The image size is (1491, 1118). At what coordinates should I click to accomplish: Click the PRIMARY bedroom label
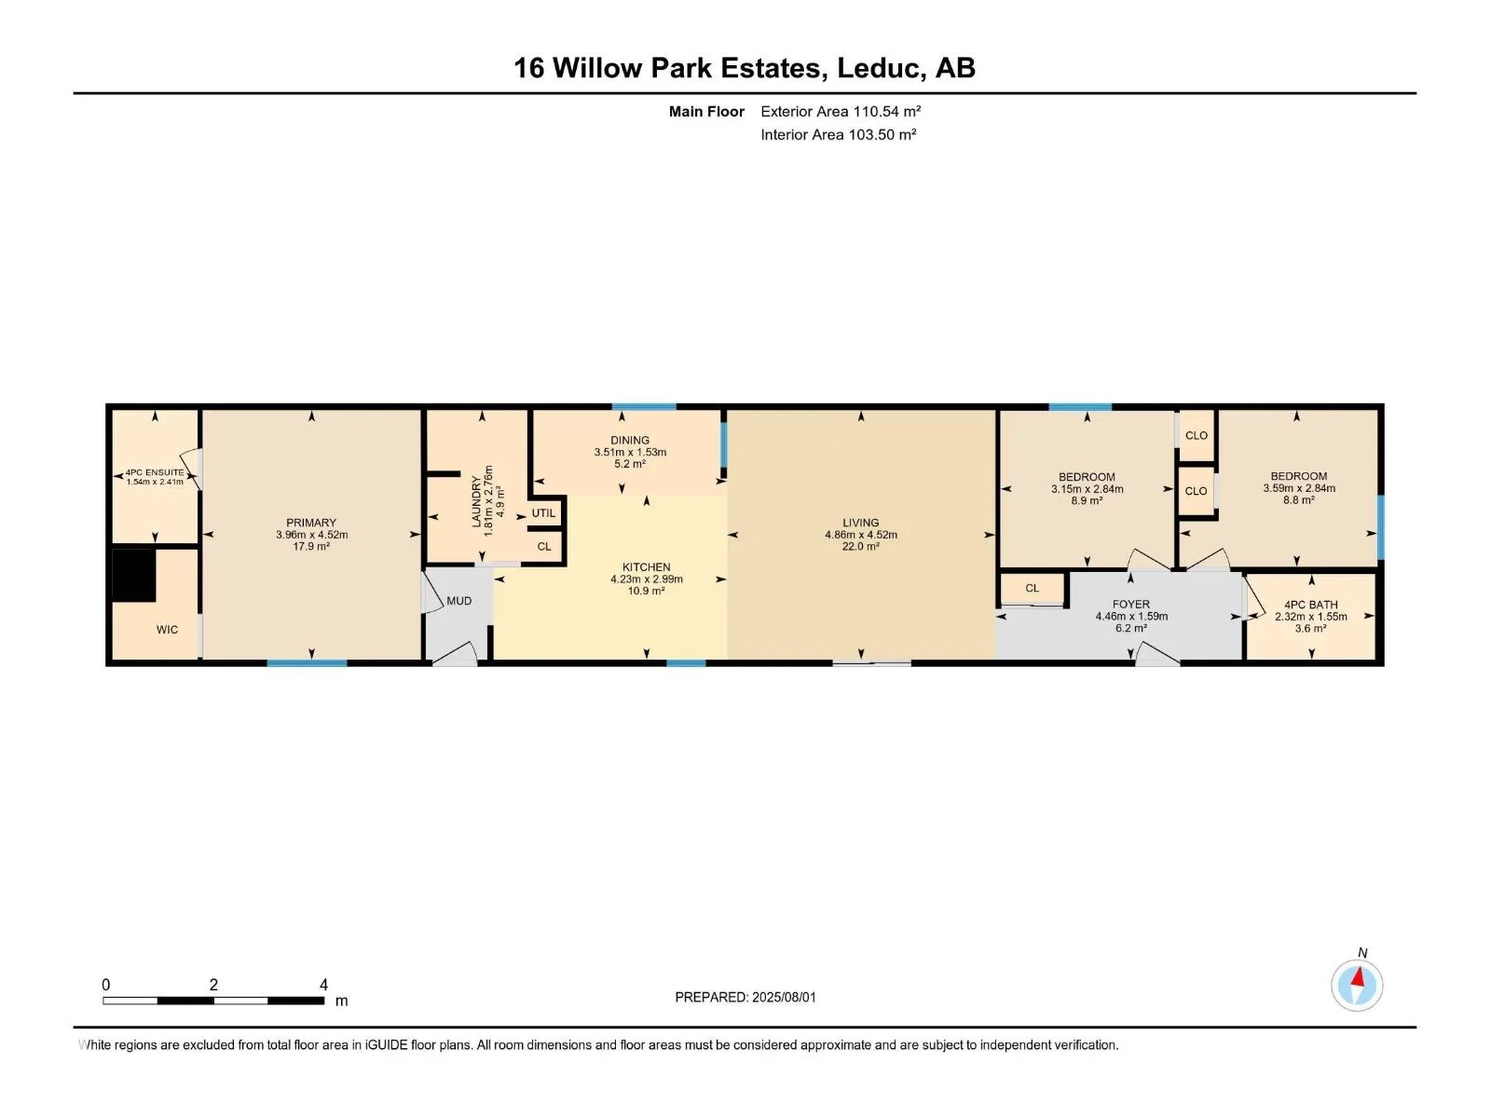[311, 523]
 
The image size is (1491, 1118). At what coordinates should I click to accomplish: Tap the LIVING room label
[861, 523]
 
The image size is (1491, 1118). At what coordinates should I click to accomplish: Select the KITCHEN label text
[646, 566]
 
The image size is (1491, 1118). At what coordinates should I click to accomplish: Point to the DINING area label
[630, 440]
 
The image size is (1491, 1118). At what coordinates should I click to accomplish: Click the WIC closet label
[167, 629]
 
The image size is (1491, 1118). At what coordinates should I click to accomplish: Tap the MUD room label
[459, 601]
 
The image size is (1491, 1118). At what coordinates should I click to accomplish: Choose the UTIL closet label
[543, 513]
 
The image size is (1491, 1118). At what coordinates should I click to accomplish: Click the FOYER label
[1131, 604]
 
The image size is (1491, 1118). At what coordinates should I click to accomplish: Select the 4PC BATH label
[1310, 605]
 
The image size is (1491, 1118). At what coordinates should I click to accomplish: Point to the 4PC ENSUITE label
[155, 472]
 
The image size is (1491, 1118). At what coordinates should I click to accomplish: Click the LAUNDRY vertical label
[476, 501]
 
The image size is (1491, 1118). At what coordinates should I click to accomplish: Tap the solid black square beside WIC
[134, 575]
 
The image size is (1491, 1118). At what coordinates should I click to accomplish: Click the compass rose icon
[1357, 985]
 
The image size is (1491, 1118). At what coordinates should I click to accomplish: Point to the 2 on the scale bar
[213, 984]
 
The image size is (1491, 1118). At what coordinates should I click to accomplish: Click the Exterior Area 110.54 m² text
[841, 111]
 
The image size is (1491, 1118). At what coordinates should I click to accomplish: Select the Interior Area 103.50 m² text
[838, 134]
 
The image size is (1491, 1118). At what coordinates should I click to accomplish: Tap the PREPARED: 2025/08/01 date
[745, 997]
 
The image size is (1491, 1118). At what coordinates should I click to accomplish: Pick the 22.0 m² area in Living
[861, 547]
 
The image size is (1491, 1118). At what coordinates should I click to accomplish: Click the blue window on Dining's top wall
[644, 406]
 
